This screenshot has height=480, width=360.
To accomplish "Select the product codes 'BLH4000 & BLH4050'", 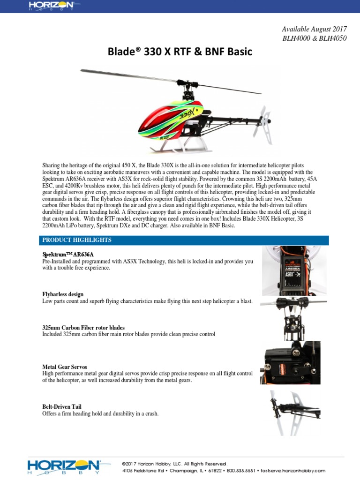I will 315,38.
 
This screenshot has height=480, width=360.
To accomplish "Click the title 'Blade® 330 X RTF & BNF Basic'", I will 180,52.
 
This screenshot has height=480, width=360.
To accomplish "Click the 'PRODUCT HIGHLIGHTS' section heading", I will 77,240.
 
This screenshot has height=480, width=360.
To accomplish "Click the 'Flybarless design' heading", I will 63,294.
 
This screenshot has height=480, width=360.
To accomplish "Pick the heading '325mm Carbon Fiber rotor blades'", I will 83,327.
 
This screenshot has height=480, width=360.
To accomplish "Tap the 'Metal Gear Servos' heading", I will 65,367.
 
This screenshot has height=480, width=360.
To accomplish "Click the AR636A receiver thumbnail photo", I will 291,270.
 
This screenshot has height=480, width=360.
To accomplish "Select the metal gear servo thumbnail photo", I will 290,362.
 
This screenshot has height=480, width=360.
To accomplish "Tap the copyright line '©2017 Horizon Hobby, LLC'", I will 174,463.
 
